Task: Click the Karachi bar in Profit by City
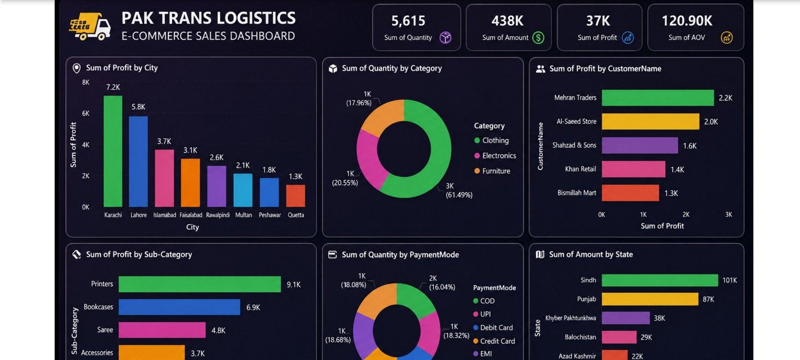point(113,151)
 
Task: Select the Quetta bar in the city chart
point(295,195)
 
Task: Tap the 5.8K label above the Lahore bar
point(138,107)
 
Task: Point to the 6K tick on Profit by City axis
point(85,113)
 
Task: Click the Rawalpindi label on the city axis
point(218,215)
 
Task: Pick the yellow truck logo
point(89,26)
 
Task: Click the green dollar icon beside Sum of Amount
point(538,37)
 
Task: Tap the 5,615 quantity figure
point(408,20)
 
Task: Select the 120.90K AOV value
point(687,20)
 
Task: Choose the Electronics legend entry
point(495,155)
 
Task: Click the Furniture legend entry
point(492,171)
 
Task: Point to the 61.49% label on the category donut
point(459,195)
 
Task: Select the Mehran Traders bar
point(658,98)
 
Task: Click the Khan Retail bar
point(633,169)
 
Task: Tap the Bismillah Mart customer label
point(577,193)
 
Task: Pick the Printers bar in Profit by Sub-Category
point(199,284)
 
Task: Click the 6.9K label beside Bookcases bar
point(253,307)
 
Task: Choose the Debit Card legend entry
point(493,327)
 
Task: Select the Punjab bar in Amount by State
point(650,299)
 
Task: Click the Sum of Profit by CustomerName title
point(605,68)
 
